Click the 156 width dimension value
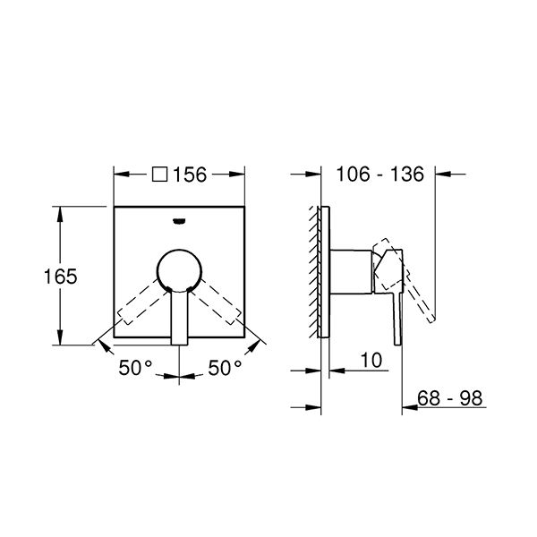click(190, 175)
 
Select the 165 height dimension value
click(61, 276)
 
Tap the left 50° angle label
click(135, 368)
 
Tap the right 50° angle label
click(225, 368)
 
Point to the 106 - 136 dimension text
click(380, 174)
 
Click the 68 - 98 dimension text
click(449, 398)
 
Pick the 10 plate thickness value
click(371, 361)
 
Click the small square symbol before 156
click(160, 174)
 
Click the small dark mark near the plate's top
click(180, 221)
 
